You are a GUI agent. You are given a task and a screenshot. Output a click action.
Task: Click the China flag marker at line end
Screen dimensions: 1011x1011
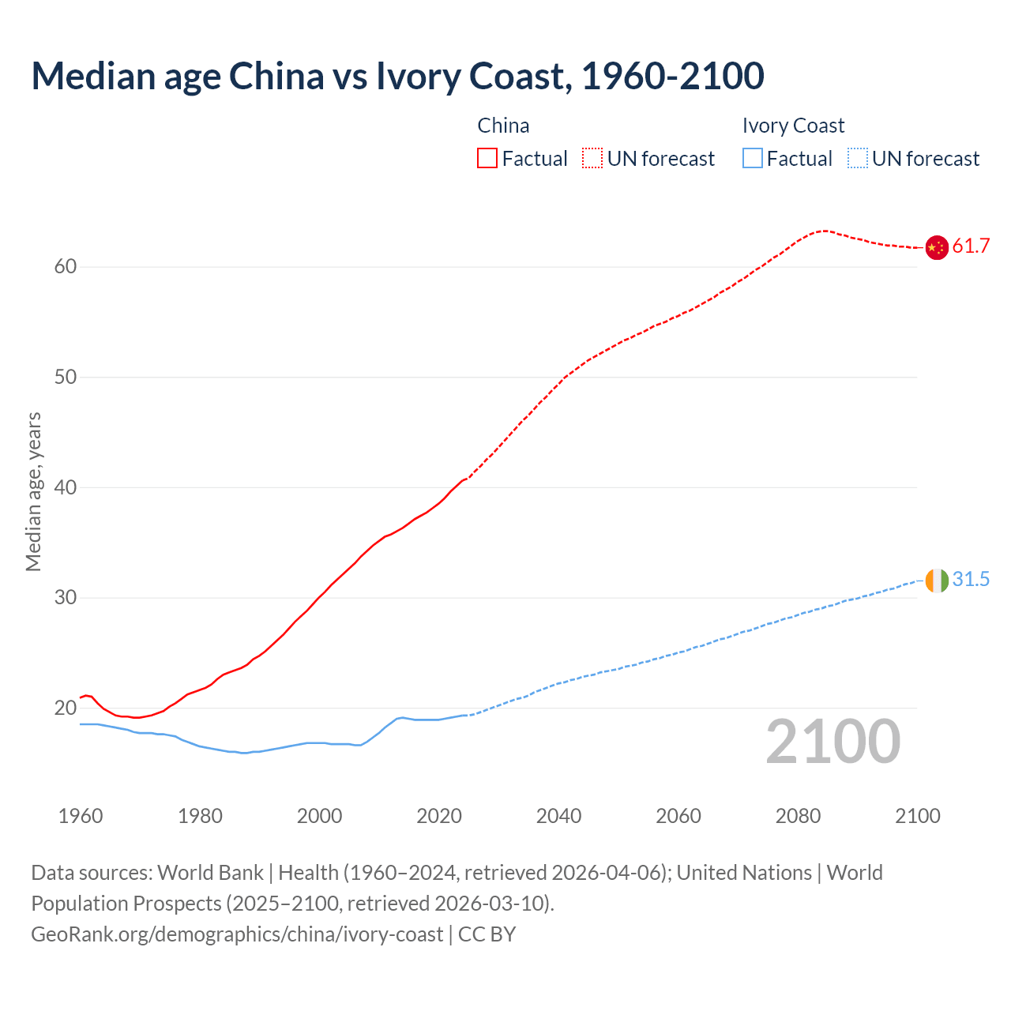click(936, 247)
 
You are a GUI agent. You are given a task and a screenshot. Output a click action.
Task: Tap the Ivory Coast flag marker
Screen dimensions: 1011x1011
click(936, 581)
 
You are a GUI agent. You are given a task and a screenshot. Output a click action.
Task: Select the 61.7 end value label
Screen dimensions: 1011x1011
click(971, 246)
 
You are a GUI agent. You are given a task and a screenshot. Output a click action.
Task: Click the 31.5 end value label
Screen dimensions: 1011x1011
click(971, 580)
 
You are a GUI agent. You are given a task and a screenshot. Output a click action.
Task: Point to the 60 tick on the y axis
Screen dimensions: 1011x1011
click(66, 267)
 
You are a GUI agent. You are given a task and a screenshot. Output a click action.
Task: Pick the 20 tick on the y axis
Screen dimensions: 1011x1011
click(66, 708)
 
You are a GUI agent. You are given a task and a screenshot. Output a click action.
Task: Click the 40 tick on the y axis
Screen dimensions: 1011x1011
click(66, 487)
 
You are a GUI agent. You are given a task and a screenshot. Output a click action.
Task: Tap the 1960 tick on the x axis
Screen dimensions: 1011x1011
click(81, 816)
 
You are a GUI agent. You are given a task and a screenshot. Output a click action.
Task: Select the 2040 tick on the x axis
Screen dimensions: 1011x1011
click(558, 816)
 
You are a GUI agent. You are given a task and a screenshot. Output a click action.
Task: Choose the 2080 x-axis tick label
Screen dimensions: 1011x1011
click(798, 816)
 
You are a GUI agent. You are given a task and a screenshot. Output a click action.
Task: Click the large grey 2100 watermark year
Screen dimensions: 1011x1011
click(832, 742)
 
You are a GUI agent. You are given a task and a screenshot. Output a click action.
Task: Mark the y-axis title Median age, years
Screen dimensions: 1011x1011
click(33, 491)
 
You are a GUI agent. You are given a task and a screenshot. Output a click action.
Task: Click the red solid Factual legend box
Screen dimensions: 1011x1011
click(487, 159)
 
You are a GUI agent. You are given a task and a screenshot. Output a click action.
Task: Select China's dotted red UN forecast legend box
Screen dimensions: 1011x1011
click(592, 159)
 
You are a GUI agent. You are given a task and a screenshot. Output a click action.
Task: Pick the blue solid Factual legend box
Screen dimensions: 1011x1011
click(753, 159)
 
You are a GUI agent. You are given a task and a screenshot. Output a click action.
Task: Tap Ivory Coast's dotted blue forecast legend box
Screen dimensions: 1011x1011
click(858, 159)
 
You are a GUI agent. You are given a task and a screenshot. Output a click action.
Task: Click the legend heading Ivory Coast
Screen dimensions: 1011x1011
click(793, 126)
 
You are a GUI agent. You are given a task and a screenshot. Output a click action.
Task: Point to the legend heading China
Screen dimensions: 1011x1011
click(503, 126)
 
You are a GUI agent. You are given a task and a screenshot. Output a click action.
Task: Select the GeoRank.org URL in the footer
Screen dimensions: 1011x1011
click(237, 934)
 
